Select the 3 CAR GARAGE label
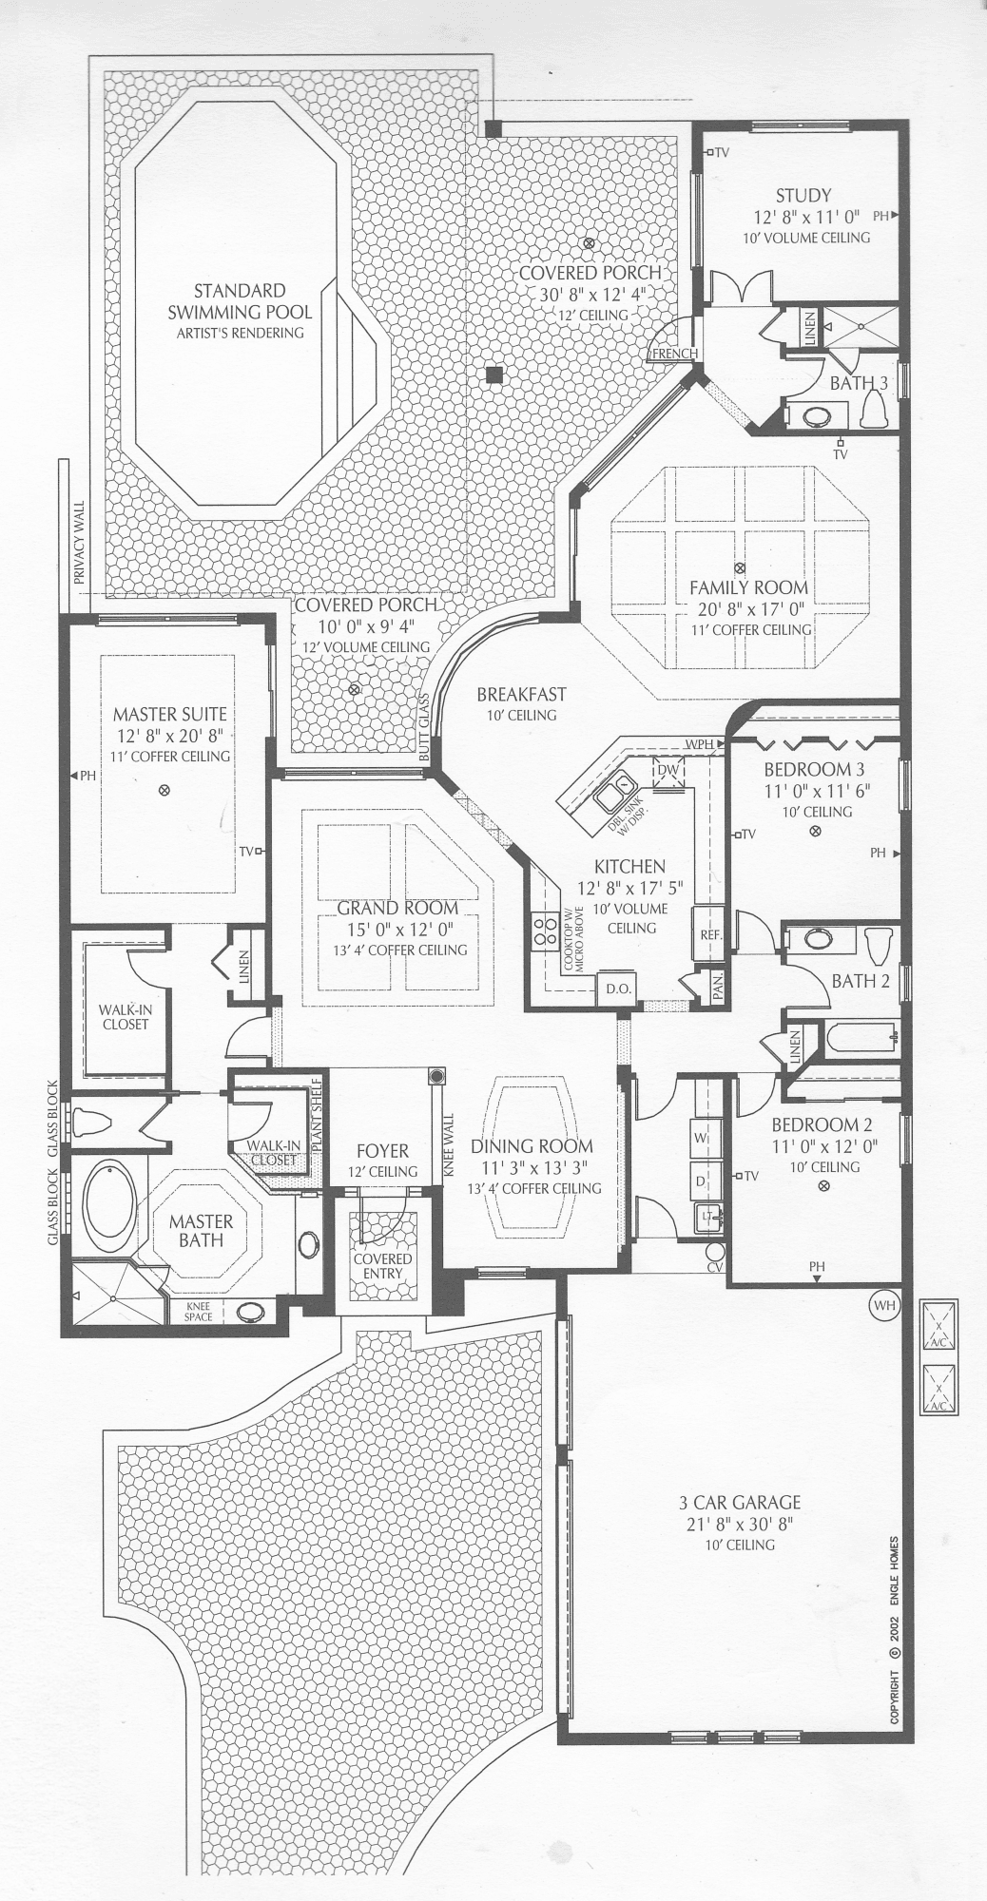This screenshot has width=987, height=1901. [x=740, y=1503]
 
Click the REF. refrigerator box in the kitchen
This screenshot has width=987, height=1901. [x=710, y=934]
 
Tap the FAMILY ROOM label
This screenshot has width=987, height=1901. [x=748, y=588]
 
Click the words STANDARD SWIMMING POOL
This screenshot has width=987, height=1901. [x=240, y=301]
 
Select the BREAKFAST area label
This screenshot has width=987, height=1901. [x=521, y=695]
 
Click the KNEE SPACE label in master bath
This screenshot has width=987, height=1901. [x=199, y=1312]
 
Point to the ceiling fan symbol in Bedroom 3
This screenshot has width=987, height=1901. [x=814, y=832]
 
